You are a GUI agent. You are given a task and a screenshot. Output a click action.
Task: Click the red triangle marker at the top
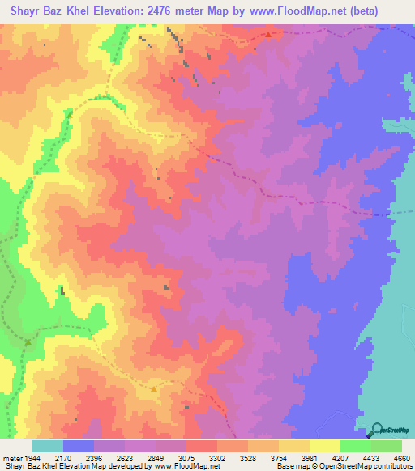tap(268, 35)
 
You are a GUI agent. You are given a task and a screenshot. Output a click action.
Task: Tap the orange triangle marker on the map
tap(153, 389)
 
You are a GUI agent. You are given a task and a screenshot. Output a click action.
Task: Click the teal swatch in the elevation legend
tap(48, 446)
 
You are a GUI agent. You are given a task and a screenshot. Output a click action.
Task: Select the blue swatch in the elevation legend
tap(79, 446)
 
